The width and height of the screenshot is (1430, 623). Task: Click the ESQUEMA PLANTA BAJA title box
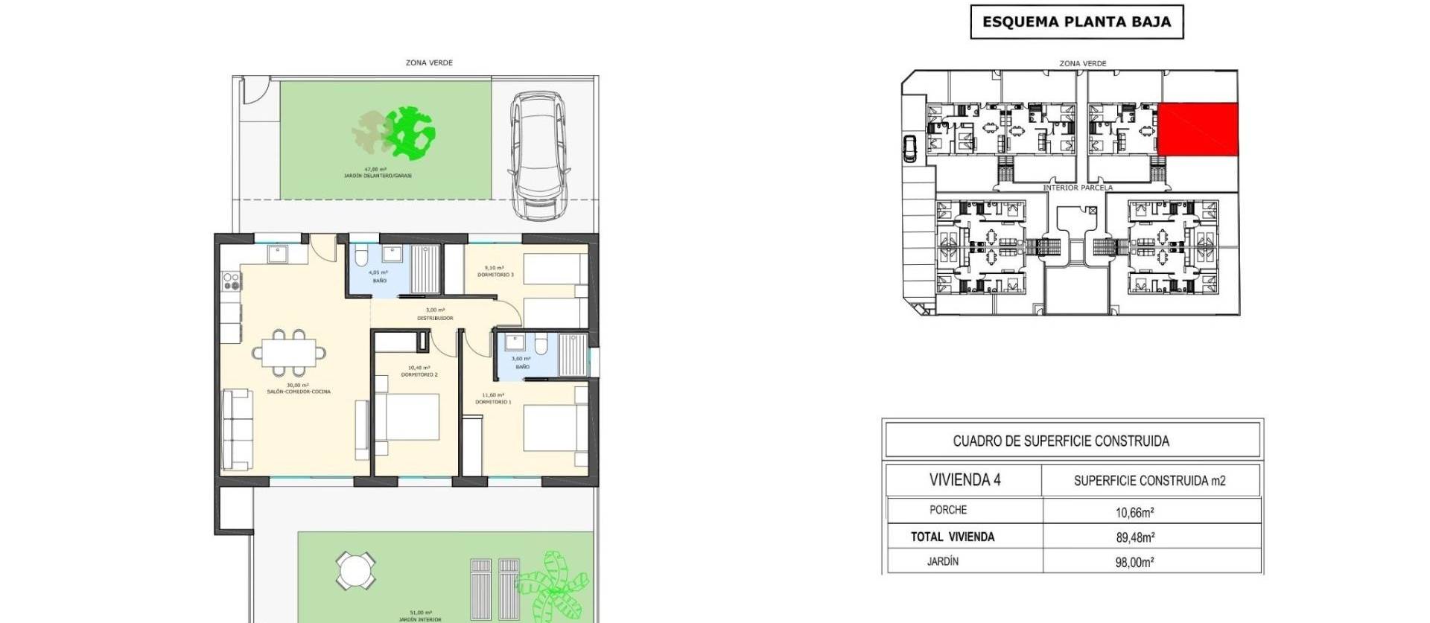1076,22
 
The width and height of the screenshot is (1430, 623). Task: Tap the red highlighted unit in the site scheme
1198,130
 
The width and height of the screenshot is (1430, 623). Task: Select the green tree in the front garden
410,133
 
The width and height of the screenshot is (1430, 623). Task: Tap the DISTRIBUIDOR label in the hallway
435,318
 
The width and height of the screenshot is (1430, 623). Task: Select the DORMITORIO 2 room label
419,374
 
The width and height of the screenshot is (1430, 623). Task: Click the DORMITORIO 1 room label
493,402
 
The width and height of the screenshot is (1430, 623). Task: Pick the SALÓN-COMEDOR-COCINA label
298,392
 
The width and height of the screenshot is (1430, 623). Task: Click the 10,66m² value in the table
1134,512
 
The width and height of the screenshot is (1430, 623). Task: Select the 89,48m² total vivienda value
1134,537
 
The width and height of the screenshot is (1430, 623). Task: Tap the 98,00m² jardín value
1134,563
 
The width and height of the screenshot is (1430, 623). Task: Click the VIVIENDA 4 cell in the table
965,480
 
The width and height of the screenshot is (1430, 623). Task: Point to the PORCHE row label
948,510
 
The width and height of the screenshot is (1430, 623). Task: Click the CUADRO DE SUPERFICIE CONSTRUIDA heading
1061,441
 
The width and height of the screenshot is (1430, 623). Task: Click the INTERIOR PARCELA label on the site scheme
1077,188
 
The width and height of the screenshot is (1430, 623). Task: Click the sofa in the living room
237,429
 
